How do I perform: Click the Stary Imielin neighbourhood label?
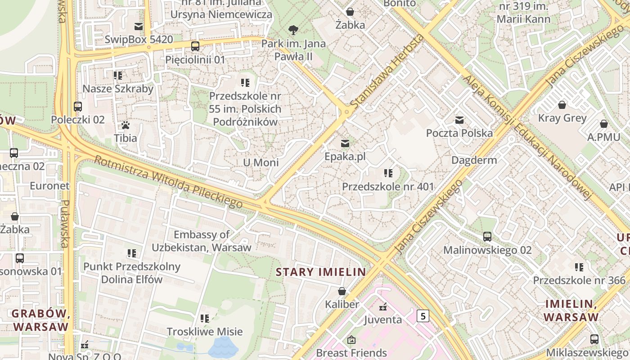321,272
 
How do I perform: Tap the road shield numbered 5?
423,316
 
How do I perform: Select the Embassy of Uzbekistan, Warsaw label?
201,241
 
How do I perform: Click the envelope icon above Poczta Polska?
459,120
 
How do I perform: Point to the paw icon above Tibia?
126,125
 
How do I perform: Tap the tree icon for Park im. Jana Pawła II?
293,30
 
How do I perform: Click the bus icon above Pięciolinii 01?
195,46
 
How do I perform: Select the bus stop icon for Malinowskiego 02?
487,236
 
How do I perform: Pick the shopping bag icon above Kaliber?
342,291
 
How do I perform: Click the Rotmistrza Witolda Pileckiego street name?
168,182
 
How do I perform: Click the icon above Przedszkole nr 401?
388,173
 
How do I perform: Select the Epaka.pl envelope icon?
345,144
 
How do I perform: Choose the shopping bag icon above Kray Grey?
562,105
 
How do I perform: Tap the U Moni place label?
261,162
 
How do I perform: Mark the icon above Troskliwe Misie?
205,319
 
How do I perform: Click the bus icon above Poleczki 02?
78,107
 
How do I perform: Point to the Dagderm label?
474,160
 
